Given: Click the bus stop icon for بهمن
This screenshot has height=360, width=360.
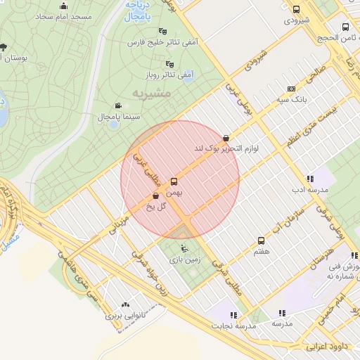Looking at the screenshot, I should (174, 182).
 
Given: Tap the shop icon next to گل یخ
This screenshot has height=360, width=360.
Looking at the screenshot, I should (155, 196).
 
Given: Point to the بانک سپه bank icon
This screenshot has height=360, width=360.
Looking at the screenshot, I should (291, 89).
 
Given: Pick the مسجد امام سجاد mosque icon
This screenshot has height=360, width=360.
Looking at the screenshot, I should (64, 6).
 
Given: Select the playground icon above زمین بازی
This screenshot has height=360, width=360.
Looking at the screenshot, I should (184, 247).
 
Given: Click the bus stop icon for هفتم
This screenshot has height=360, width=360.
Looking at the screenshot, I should (261, 240).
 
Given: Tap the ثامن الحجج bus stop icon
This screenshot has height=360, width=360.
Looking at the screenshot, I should (345, 27).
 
